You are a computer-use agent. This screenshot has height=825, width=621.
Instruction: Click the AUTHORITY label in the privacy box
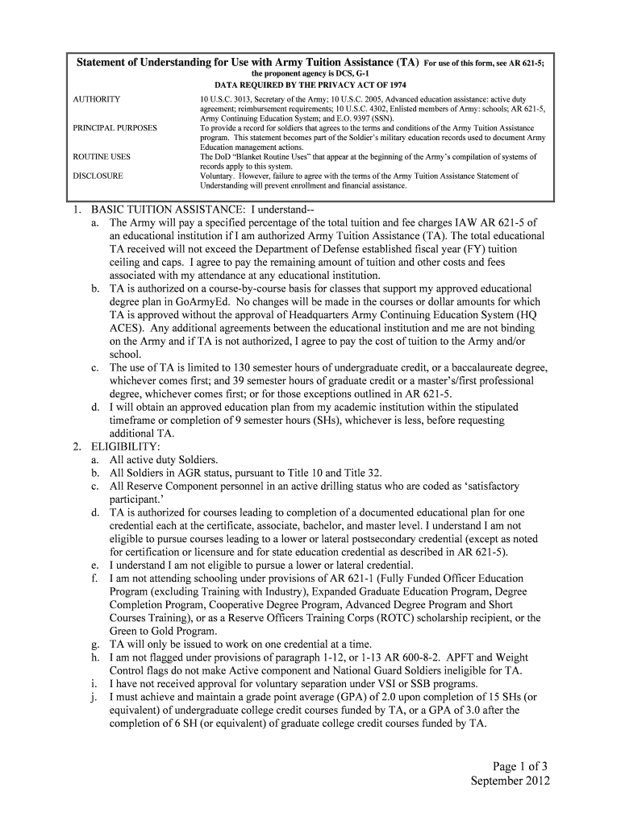[97, 99]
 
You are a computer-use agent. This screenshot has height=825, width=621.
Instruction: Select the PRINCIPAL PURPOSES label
[115, 128]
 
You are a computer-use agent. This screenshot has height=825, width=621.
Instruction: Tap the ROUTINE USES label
[102, 157]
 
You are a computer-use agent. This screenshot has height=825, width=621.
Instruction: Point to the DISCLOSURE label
[98, 176]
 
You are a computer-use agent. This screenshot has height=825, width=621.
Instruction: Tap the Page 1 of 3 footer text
[510, 766]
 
